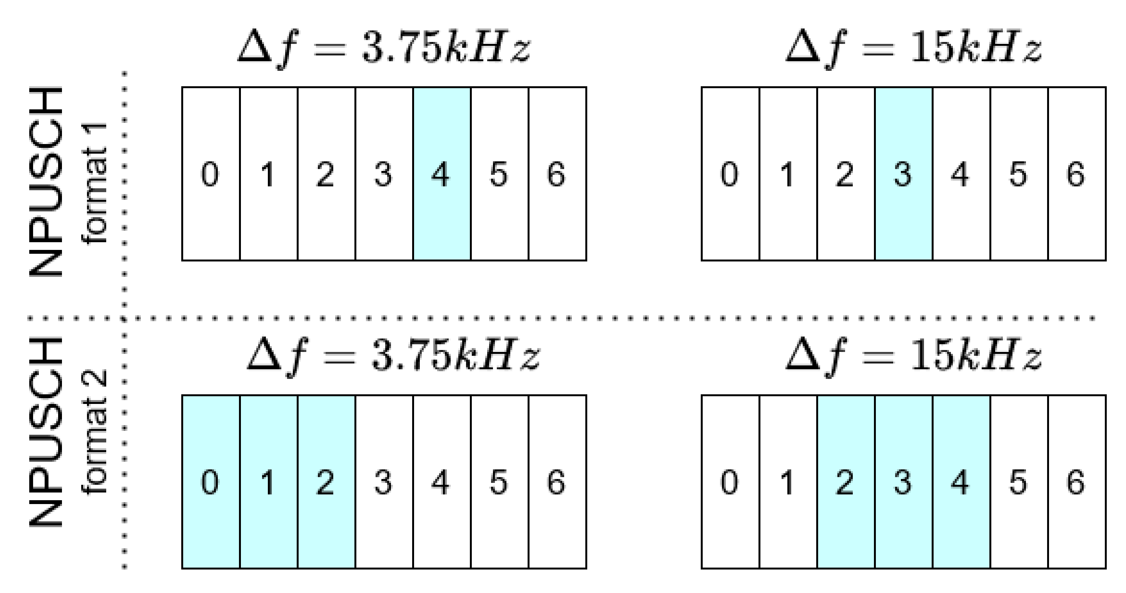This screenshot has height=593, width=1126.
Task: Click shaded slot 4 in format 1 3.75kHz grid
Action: [x=441, y=174]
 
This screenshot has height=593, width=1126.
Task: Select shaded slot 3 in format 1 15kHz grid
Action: [x=903, y=174]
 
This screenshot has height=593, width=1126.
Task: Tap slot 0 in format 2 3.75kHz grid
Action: [x=210, y=482]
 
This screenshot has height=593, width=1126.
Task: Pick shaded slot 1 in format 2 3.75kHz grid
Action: [x=268, y=482]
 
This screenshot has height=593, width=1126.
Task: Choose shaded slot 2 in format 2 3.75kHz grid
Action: [x=326, y=482]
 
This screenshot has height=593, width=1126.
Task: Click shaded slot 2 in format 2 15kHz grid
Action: [x=845, y=482]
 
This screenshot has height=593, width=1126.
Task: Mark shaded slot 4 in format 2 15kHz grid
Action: [x=961, y=482]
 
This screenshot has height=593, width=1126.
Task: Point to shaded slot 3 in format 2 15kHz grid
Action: [x=903, y=482]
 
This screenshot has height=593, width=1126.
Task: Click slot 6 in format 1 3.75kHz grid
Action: [x=557, y=174]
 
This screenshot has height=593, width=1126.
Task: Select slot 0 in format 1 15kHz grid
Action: [x=730, y=174]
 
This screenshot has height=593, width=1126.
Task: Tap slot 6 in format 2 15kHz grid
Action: [x=1076, y=482]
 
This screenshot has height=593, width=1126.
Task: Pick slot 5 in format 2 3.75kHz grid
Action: [x=499, y=482]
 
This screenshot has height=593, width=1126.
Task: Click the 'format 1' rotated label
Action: [x=94, y=184]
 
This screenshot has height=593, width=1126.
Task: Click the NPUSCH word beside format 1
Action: [x=46, y=181]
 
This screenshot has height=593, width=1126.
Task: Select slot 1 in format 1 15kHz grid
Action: [x=788, y=174]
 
